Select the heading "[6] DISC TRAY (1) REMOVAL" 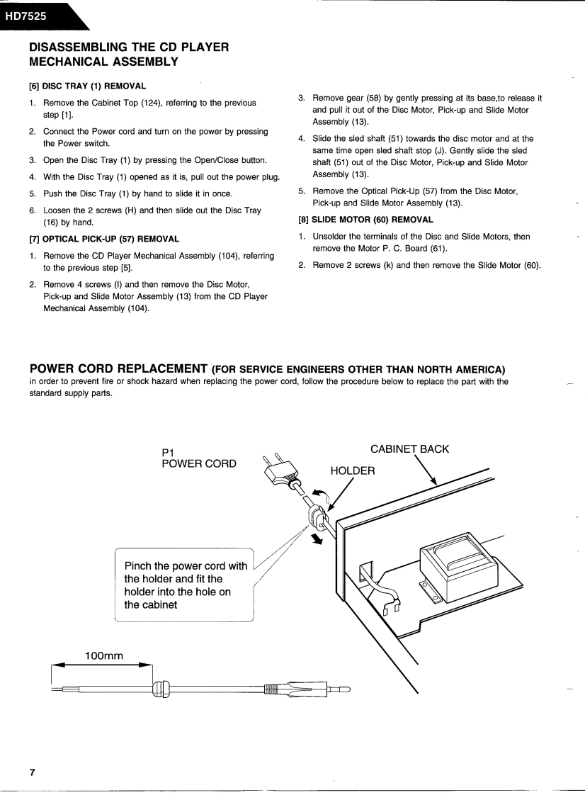87,86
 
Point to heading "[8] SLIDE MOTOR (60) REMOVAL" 365,220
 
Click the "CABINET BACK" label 409,449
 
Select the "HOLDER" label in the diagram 353,471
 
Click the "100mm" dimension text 104,655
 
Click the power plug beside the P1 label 278,470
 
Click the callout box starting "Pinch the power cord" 184,585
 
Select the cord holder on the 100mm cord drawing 161,687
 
